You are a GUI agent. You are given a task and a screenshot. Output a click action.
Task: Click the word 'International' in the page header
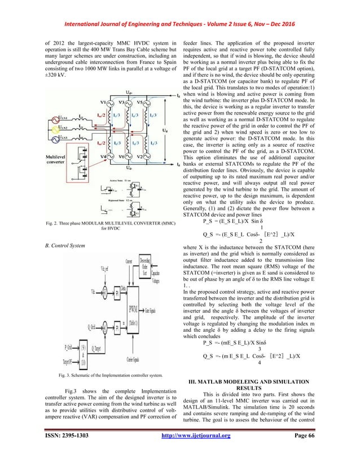point(90,8)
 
